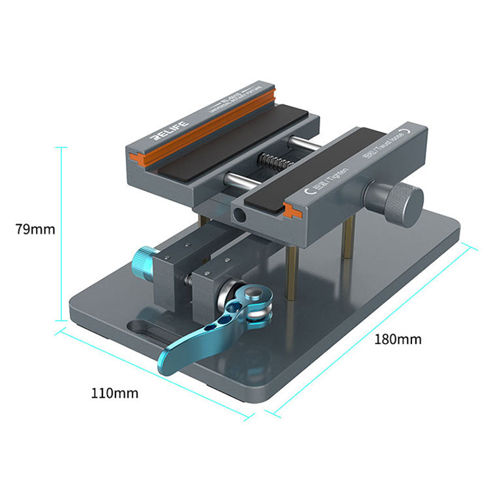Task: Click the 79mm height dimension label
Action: pyautogui.click(x=35, y=230)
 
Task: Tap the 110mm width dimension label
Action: pyautogui.click(x=115, y=393)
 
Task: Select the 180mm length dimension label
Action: pyautogui.click(x=398, y=339)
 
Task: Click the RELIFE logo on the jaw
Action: pyautogui.click(x=168, y=129)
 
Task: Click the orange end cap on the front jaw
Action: pyautogui.click(x=291, y=210)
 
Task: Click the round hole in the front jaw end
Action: pyautogui.click(x=239, y=215)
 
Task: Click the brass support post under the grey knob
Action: pyautogui.click(x=348, y=238)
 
